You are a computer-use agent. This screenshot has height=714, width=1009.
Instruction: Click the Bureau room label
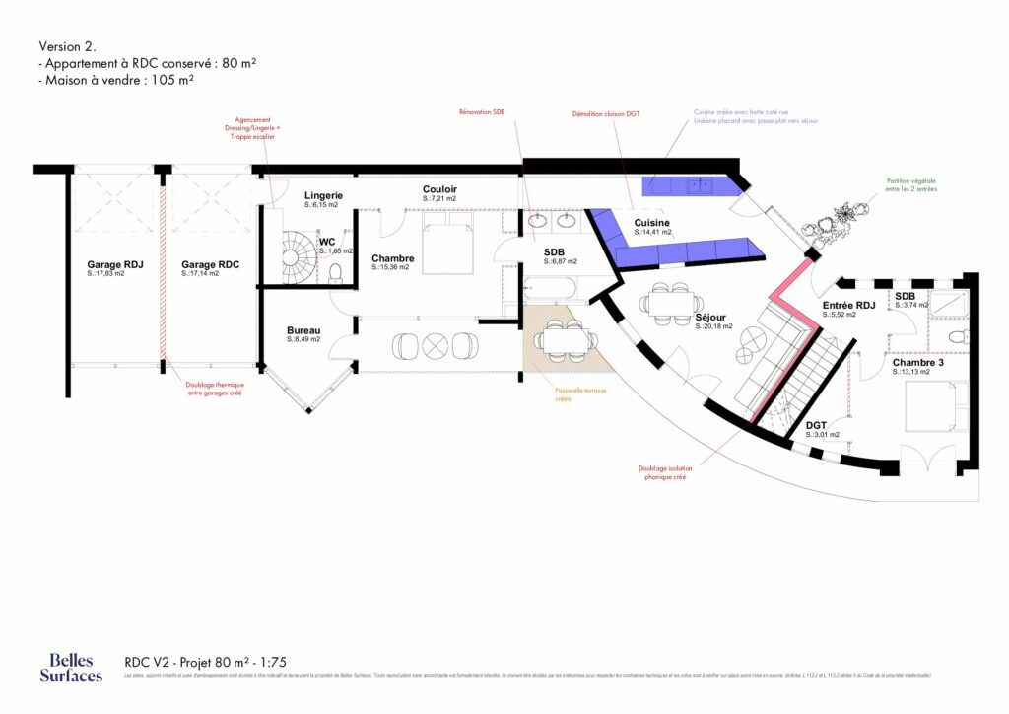click(303, 330)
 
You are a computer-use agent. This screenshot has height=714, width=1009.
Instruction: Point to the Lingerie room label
click(322, 196)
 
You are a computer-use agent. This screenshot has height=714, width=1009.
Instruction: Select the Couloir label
click(439, 189)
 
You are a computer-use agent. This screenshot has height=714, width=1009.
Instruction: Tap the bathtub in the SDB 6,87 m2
click(550, 290)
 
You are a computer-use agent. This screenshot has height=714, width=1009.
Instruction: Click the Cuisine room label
click(652, 224)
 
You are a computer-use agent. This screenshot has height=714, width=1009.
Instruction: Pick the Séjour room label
click(711, 318)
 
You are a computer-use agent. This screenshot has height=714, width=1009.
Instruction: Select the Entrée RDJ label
click(849, 306)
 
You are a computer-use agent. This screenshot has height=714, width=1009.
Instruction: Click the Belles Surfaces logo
click(71, 668)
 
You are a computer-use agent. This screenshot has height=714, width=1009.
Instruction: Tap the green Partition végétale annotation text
click(912, 184)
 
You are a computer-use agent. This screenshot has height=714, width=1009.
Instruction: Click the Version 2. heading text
click(67, 46)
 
